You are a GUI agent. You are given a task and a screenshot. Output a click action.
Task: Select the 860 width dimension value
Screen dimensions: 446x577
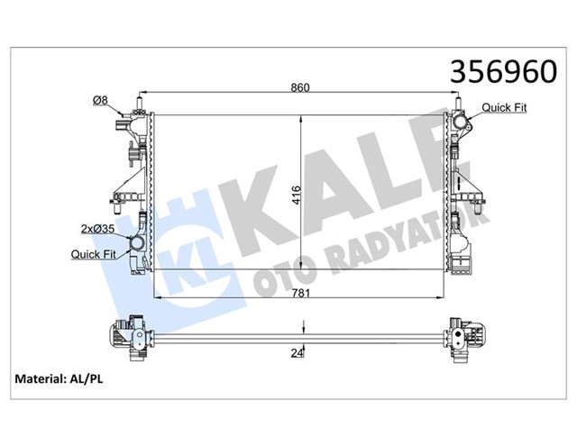tap(300, 87)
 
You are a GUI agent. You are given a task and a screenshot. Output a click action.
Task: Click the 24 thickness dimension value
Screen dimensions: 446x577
tap(297, 352)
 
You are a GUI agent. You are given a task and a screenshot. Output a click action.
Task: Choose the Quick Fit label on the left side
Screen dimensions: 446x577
tap(92, 254)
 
